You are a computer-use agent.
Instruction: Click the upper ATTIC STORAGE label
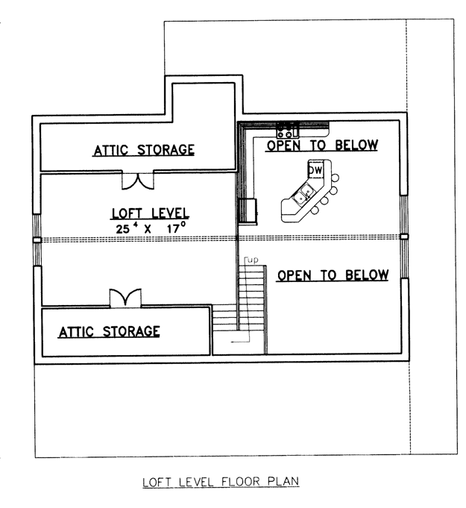tap(144, 150)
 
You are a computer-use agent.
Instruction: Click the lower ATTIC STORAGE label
tap(109, 331)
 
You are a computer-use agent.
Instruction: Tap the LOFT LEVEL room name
tap(151, 213)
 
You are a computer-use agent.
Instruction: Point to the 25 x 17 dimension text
tap(151, 228)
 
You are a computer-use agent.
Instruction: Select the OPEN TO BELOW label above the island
tap(322, 145)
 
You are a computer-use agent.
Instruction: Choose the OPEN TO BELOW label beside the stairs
tap(333, 275)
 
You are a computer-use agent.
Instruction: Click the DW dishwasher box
tap(315, 169)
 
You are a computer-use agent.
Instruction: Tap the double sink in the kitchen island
tap(303, 195)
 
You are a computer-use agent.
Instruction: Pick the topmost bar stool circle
tap(336, 178)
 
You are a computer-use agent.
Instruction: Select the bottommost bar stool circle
tap(315, 210)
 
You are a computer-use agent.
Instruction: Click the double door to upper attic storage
tap(138, 181)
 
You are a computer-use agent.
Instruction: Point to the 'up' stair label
tap(253, 260)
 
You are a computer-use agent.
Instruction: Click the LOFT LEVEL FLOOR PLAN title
tap(221, 481)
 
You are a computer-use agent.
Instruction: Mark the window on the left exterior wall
tap(37, 239)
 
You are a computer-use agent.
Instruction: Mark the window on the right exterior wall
tap(404, 236)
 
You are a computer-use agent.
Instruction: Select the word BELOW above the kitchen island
tap(356, 145)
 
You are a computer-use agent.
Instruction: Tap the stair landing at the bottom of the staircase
tap(239, 342)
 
